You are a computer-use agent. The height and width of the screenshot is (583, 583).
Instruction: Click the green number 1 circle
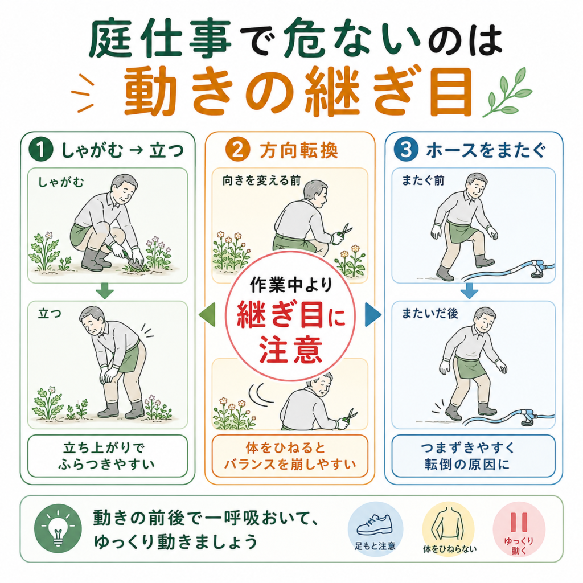coord(41,150)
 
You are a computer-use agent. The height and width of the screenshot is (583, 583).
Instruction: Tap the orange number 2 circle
coord(237,150)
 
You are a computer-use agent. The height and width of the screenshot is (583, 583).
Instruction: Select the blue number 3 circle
coord(405,150)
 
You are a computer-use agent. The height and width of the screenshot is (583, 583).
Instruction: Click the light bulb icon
coord(58,529)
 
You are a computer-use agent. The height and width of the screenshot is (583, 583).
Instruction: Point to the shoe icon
coord(375,524)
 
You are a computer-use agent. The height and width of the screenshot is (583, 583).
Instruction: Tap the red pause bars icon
coord(519,523)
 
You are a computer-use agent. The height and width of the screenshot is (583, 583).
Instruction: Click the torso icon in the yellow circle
coord(449,524)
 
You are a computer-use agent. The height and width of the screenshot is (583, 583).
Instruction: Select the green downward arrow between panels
coord(105,291)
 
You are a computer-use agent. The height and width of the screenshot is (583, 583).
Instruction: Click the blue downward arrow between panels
coord(469,291)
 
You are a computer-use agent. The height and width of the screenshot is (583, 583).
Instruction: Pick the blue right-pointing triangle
coord(373,315)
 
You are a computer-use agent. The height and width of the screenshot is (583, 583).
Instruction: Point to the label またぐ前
coord(423,181)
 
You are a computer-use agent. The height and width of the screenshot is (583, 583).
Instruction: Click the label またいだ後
coord(430,314)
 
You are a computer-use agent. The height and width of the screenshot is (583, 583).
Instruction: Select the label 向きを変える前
coord(261,181)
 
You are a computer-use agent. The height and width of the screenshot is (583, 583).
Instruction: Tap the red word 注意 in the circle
coord(290,350)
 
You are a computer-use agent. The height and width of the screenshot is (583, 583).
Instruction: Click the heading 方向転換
coord(298,150)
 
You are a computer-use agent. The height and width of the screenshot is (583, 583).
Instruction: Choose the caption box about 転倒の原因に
coord(473,456)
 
